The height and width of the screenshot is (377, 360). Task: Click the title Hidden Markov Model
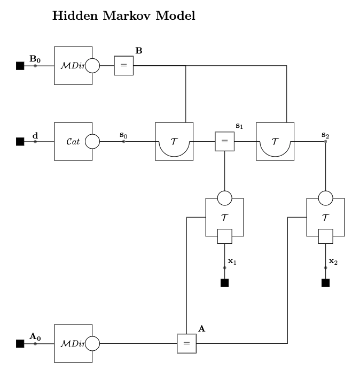pos(123,17)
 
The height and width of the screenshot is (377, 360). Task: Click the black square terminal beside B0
pos(20,66)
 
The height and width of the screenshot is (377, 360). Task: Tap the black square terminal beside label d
pos(20,142)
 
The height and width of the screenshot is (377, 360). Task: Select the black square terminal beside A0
pos(20,343)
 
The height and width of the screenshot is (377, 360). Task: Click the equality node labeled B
pos(123,66)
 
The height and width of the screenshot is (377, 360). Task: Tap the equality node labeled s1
pos(224,142)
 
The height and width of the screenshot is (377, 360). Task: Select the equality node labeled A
pos(186,343)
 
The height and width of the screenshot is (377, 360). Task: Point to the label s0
pos(124,136)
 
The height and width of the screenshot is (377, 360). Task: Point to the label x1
pos(232,261)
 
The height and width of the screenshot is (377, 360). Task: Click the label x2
pos(333,261)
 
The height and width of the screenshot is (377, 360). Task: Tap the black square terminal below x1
pos(224,283)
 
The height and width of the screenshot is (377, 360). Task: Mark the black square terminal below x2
pos(325,283)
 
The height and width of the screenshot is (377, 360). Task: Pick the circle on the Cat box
pos(92,142)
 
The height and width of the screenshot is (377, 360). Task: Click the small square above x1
pos(224,236)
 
